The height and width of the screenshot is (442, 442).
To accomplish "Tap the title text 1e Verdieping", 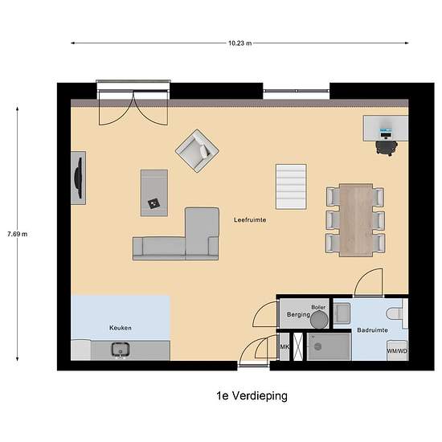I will point(252,395).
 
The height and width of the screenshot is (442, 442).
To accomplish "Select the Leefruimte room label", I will point(250,219).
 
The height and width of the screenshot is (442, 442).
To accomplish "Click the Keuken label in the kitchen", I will point(120,328).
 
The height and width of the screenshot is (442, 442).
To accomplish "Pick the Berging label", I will point(298,315).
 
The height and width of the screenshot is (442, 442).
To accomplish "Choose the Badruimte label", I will point(372,329).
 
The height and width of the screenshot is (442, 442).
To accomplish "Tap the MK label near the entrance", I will point(284,347).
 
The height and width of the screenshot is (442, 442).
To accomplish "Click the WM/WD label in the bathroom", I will point(396,351).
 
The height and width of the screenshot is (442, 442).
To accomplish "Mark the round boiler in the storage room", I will point(320,318).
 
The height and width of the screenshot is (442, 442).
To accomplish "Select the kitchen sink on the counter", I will point(121,350).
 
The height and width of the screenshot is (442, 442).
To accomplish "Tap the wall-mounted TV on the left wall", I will point(79,177).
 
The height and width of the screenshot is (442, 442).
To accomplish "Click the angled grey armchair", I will point(197,149).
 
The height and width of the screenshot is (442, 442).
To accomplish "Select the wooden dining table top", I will point(355,219).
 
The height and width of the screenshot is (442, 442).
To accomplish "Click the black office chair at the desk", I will point(387,147).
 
